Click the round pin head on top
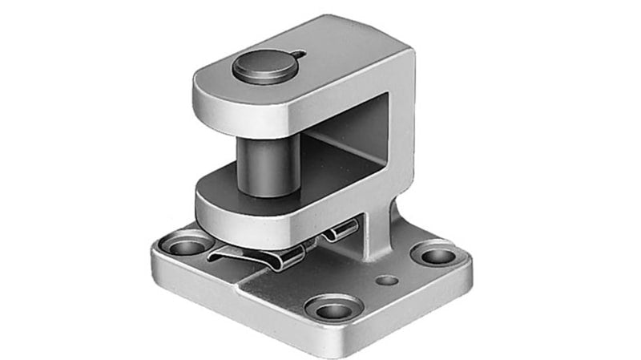point(264,65)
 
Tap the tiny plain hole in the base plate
point(387,281)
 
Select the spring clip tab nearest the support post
point(343,232)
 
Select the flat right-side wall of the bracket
point(401,136)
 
